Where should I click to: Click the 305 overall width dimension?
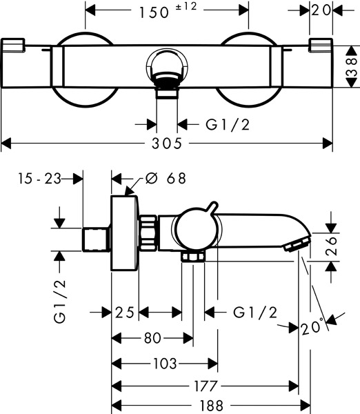click(x=167, y=144)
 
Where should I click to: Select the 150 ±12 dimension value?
click(x=168, y=10)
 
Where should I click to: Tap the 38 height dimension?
click(x=352, y=68)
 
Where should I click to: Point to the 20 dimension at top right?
click(x=321, y=10)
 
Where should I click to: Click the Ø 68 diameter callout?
click(x=166, y=178)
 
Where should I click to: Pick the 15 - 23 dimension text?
click(x=39, y=179)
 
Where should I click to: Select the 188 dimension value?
click(x=212, y=405)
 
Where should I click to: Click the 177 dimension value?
click(x=206, y=386)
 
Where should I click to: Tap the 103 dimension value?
click(x=165, y=364)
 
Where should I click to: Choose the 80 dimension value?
click(x=152, y=337)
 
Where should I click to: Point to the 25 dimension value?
click(x=125, y=313)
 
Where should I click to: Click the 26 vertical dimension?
click(x=332, y=246)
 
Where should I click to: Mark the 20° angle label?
click(x=312, y=326)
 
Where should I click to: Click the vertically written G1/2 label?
click(x=59, y=302)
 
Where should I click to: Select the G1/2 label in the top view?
click(x=228, y=124)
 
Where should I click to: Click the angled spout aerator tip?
click(x=297, y=244)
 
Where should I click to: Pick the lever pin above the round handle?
click(x=212, y=207)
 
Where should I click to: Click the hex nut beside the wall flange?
click(x=148, y=233)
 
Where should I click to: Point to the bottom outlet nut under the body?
click(x=193, y=257)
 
